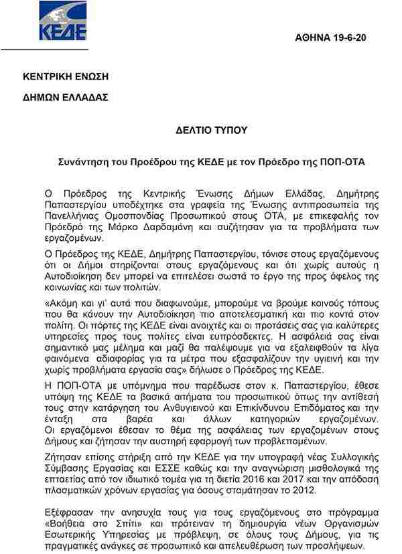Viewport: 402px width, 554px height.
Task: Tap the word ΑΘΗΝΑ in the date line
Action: [x=313, y=38]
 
